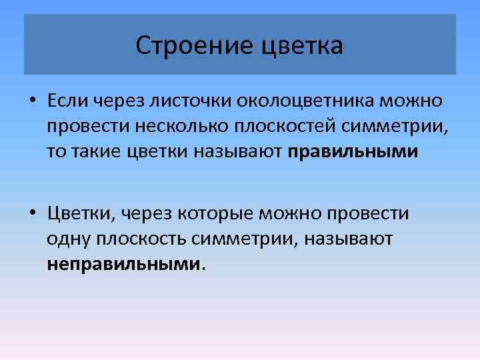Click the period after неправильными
(x=203, y=267)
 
